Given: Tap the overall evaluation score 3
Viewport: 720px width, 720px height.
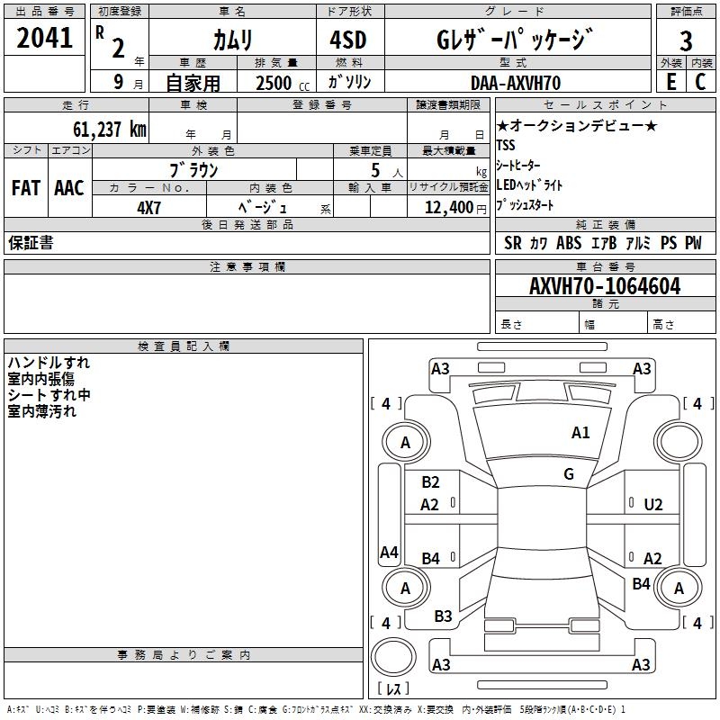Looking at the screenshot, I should click(686, 40).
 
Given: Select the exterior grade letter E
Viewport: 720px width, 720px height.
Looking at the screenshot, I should click(670, 82).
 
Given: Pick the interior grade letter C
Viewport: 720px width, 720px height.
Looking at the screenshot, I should click(700, 82).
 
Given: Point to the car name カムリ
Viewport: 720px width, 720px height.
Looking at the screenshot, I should click(232, 40).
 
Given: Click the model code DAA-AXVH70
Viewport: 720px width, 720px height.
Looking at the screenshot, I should click(516, 83).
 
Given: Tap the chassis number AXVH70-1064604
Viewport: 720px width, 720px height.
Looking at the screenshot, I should click(605, 286).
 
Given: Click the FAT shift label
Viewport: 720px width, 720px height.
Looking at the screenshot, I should click(26, 188).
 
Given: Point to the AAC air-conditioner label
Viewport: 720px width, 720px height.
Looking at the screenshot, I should click(69, 188).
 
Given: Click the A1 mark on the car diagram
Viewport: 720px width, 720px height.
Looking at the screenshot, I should click(580, 433).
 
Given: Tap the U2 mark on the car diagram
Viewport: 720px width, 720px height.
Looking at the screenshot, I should click(653, 505).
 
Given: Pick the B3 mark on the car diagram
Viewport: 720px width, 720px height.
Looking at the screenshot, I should click(443, 616).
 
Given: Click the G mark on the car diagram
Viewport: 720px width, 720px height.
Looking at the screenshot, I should click(569, 473).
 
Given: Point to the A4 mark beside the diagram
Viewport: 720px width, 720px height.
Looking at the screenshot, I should click(389, 553).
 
